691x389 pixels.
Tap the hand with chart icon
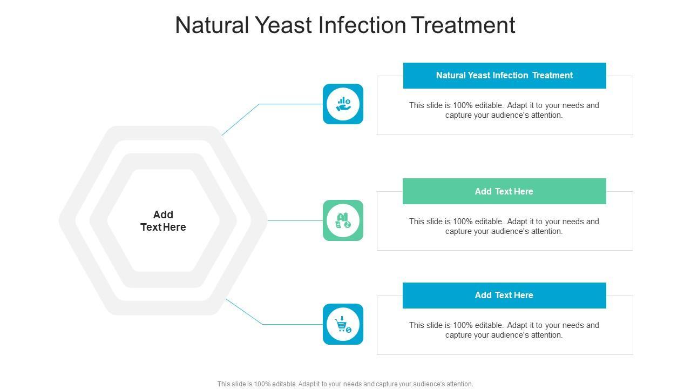tap(343, 104)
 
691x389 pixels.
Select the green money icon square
tap(343, 220)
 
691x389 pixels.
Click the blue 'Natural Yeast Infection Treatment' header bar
tap(504, 76)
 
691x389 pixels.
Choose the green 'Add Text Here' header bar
tap(504, 191)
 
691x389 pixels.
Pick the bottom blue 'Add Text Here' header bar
tap(504, 296)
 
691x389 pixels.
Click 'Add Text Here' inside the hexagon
tap(163, 221)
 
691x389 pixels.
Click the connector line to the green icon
tap(295, 220)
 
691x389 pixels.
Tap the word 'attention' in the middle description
tap(544, 231)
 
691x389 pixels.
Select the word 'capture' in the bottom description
tap(459, 335)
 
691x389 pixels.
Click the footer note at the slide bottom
tap(345, 384)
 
